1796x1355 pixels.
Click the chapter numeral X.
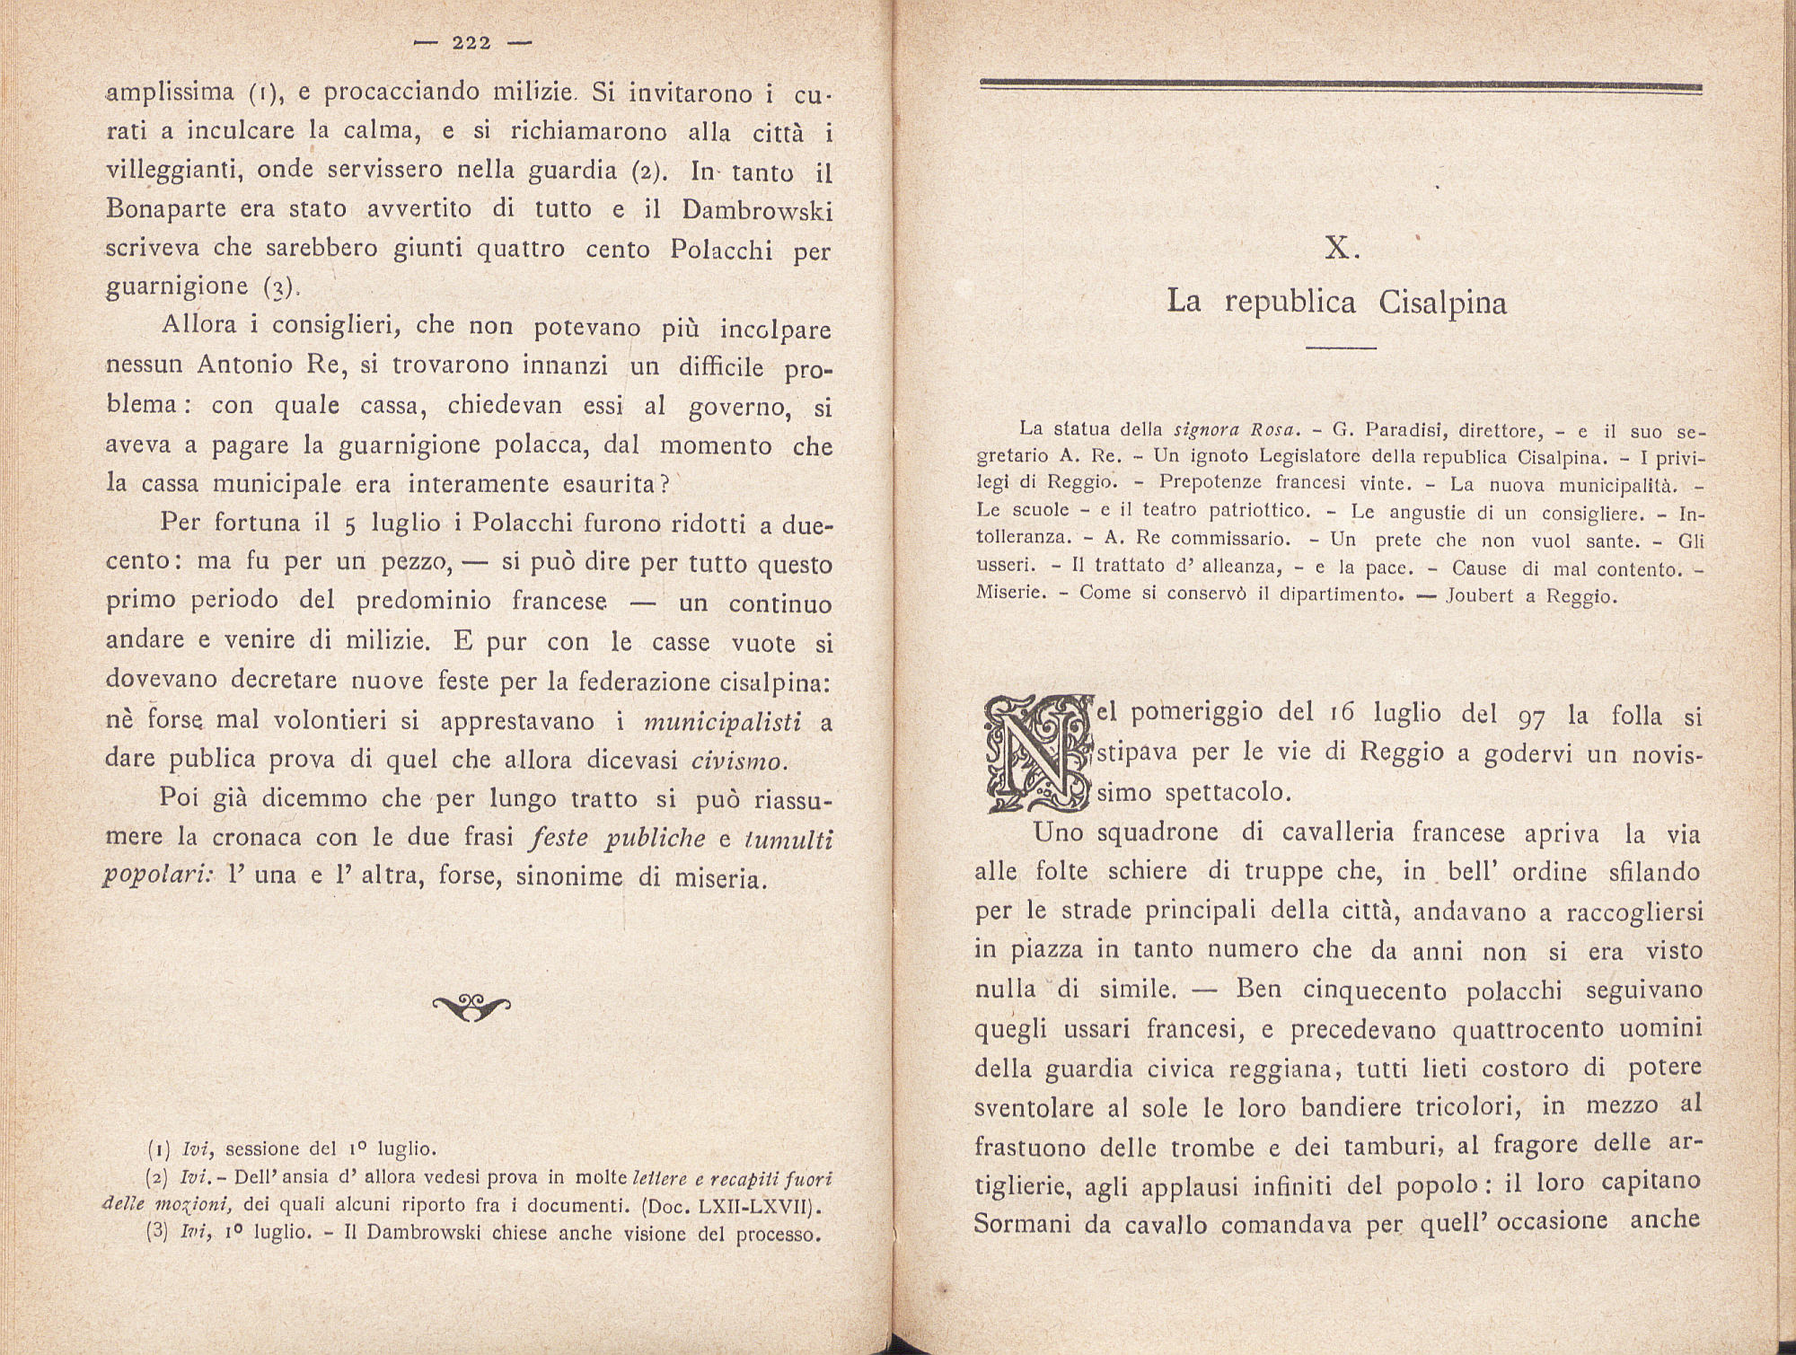tap(1342, 250)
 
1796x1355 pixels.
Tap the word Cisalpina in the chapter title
tap(1442, 303)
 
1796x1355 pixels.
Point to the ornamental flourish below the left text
tap(471, 1007)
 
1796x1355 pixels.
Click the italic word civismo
tap(739, 761)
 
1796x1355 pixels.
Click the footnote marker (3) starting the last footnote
tap(157, 1233)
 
